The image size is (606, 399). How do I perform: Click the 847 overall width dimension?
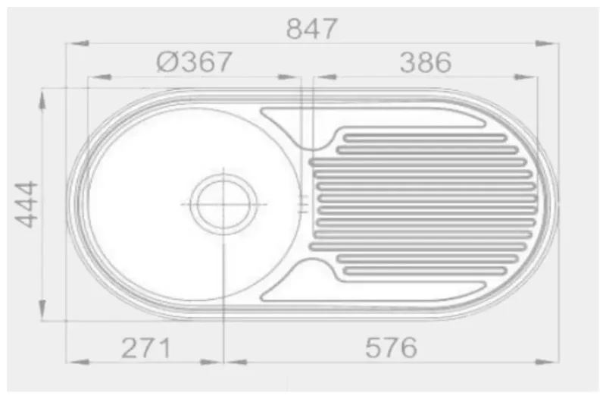[311, 29]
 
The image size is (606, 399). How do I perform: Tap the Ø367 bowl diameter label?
[194, 61]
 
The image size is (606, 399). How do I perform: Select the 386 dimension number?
[426, 62]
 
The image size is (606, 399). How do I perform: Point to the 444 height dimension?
[27, 204]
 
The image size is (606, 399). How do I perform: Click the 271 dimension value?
[145, 348]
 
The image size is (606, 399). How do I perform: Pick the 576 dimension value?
[391, 347]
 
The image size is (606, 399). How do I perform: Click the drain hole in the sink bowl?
[223, 204]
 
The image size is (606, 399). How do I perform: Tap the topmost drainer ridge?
[425, 138]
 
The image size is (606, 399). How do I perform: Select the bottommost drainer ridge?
[425, 271]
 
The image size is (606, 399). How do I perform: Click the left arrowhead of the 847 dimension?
[77, 43]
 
